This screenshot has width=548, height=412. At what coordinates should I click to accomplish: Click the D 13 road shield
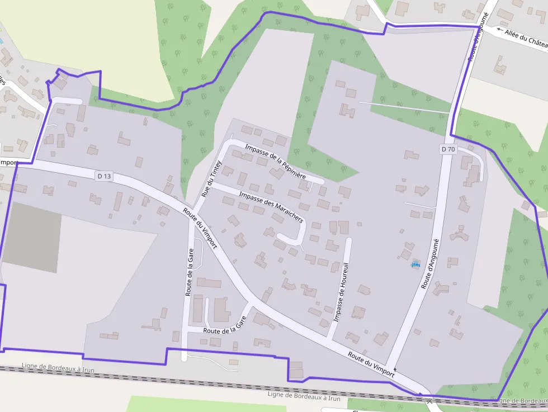coord(105,176)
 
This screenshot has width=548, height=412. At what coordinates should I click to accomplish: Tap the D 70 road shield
coord(448,149)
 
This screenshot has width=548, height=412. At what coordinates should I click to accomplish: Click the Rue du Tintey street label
coord(211,180)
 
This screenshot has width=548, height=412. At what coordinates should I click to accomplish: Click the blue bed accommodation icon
coord(415,264)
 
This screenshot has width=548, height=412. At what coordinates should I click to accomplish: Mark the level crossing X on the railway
coord(429,401)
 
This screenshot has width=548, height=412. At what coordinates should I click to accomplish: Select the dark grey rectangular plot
coord(32,237)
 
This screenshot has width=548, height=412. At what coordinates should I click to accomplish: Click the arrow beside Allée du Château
coord(499,31)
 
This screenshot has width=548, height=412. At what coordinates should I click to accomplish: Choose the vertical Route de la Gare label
coord(189,273)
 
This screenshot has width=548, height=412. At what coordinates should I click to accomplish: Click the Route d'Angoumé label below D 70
coord(431,263)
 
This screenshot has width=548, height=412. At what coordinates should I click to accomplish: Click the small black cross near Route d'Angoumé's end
coord(395,370)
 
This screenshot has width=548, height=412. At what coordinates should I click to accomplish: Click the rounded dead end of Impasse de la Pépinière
coord(321,182)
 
